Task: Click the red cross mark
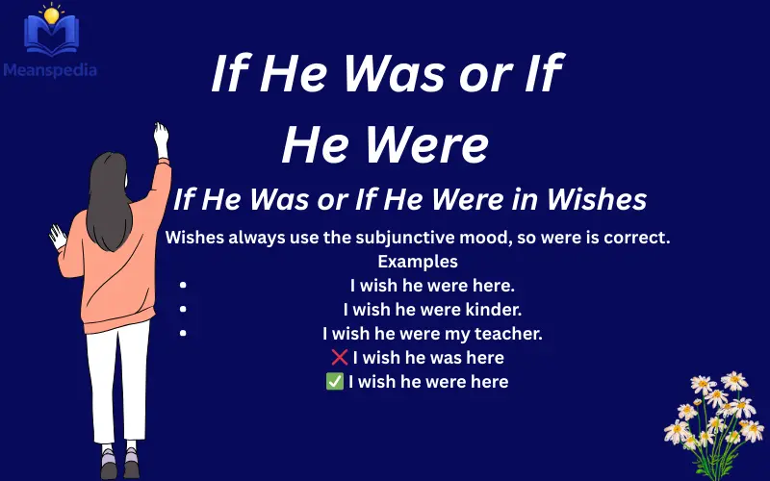(x=339, y=358)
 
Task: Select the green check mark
(x=335, y=382)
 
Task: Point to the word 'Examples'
(x=417, y=261)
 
